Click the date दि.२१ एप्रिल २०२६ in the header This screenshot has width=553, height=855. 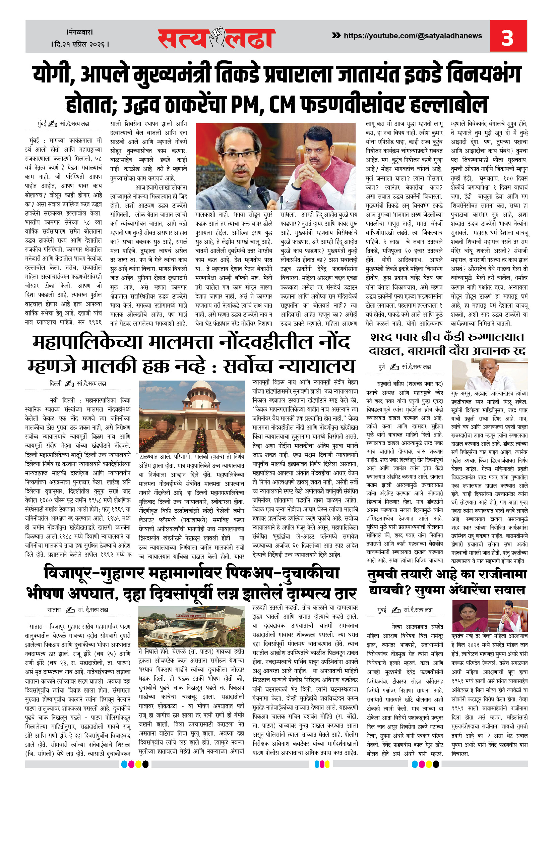pyautogui.click(x=80, y=44)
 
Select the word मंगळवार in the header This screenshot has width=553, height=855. pyautogui.click(x=80, y=32)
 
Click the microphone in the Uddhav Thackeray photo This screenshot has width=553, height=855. pyautogui.click(x=264, y=196)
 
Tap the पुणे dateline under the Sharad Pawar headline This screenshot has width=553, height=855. pyautogui.click(x=382, y=367)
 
